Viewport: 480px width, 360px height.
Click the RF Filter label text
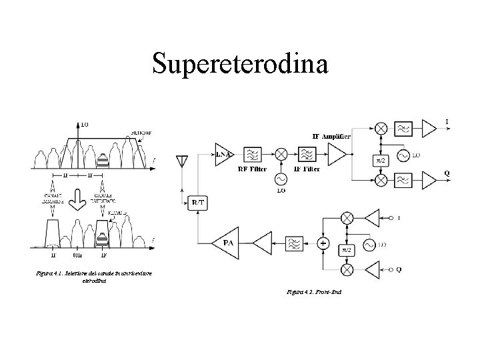click(253, 169)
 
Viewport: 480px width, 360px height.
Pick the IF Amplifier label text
click(333, 137)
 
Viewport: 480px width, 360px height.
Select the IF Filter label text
click(307, 169)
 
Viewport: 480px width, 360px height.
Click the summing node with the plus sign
click(324, 243)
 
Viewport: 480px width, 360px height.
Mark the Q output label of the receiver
click(447, 173)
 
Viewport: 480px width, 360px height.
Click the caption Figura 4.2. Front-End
click(314, 291)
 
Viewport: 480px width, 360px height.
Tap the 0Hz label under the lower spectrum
click(78, 254)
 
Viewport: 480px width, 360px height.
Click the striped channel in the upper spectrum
click(103, 160)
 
